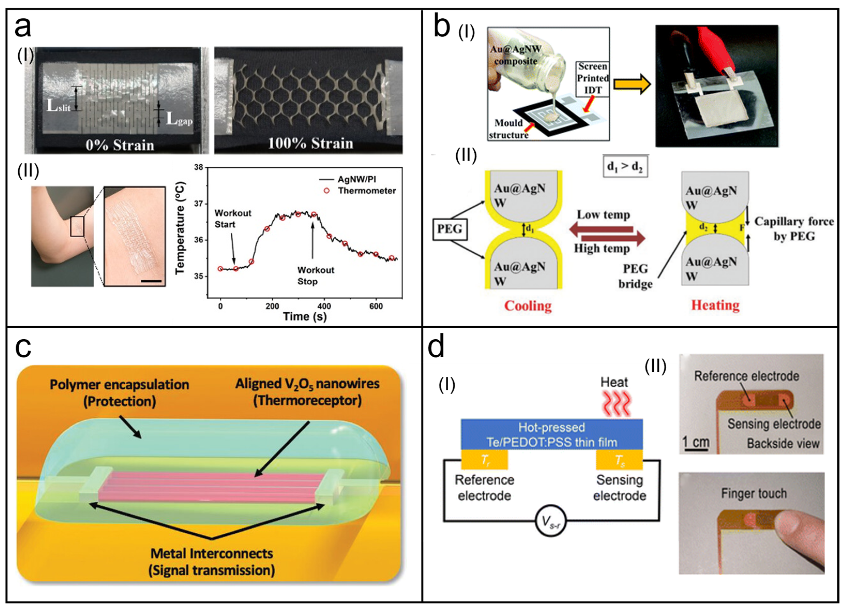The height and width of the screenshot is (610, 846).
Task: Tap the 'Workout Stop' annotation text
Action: (x=316, y=276)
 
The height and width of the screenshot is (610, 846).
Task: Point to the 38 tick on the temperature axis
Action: (x=199, y=167)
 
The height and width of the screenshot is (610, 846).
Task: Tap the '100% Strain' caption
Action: (x=310, y=143)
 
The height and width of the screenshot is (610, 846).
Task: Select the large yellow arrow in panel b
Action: (x=632, y=84)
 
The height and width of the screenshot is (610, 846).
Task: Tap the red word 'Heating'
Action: (x=715, y=305)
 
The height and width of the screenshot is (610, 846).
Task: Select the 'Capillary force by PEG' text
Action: (x=794, y=228)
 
